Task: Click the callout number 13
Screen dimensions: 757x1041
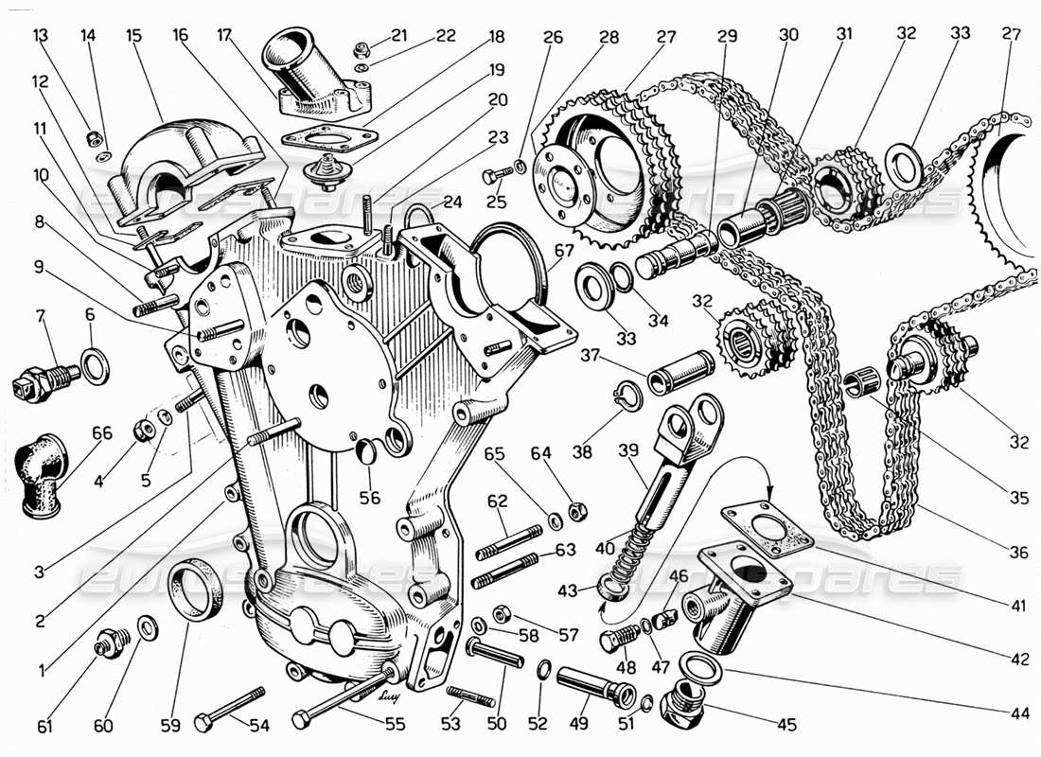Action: point(40,36)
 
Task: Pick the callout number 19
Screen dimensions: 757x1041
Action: point(498,69)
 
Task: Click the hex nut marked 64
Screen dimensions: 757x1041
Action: point(574,512)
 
